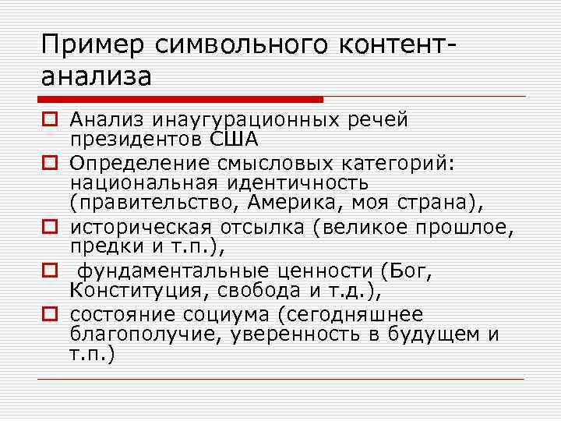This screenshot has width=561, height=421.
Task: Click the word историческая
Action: coord(139,227)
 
